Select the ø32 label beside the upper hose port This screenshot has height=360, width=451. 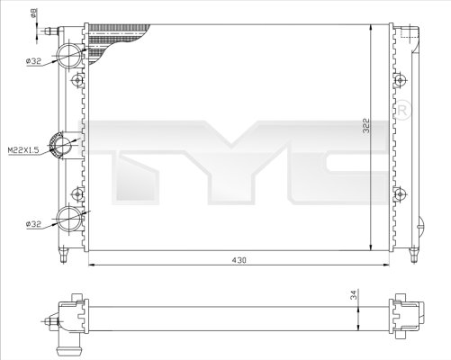coord(34,61)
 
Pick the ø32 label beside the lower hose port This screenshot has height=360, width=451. coord(34,223)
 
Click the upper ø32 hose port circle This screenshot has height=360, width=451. coord(69,54)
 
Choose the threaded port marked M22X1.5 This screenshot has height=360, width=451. coord(64,144)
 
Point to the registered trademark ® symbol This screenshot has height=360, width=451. coord(404,112)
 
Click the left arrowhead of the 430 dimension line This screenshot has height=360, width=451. coord(89,265)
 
